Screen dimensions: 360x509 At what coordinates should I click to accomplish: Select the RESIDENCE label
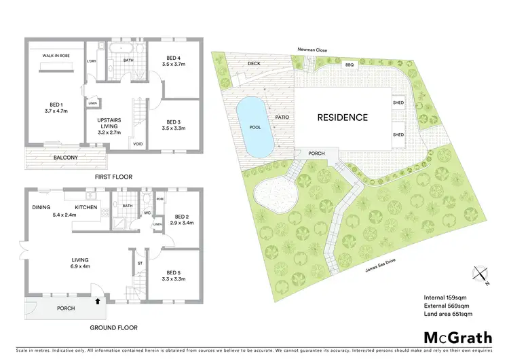pyautogui.click(x=343, y=118)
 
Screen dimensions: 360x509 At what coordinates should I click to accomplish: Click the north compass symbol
pyautogui.click(x=480, y=274)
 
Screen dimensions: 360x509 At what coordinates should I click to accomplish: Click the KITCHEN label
pyautogui.click(x=86, y=207)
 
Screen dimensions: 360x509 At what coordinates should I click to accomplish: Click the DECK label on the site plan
pyautogui.click(x=254, y=63)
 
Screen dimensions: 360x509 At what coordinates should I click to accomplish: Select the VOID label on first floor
pyautogui.click(x=138, y=144)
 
